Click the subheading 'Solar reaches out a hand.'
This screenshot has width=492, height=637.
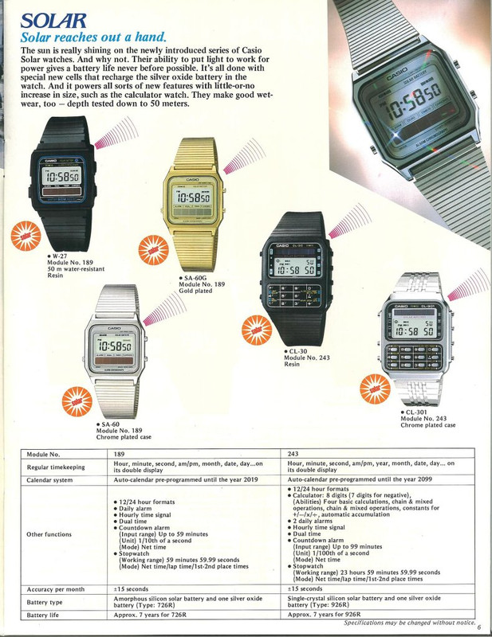coord(93,37)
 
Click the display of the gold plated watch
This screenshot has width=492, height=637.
coord(195,197)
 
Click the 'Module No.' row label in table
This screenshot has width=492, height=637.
coord(44,454)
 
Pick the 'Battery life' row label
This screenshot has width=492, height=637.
coord(45,616)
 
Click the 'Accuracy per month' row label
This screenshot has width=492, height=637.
coord(56,589)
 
